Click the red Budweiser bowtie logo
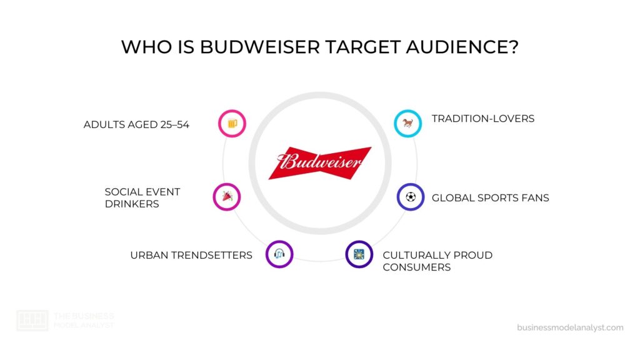pyautogui.click(x=320, y=162)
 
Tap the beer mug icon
pyautogui.click(x=232, y=124)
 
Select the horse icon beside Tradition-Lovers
pyautogui.click(x=407, y=124)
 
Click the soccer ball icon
pyautogui.click(x=411, y=197)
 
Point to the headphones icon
pyautogui.click(x=279, y=254)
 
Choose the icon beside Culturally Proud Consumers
pyautogui.click(x=359, y=254)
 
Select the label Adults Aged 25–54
pyautogui.click(x=136, y=124)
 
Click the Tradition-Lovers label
pyautogui.click(x=483, y=119)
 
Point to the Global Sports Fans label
pyautogui.click(x=491, y=198)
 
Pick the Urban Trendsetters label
pyautogui.click(x=191, y=255)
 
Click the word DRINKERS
pyautogui.click(x=132, y=204)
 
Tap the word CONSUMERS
pyautogui.click(x=417, y=267)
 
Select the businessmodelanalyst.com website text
pyautogui.click(x=570, y=327)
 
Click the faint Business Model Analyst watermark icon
pyautogui.click(x=32, y=320)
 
